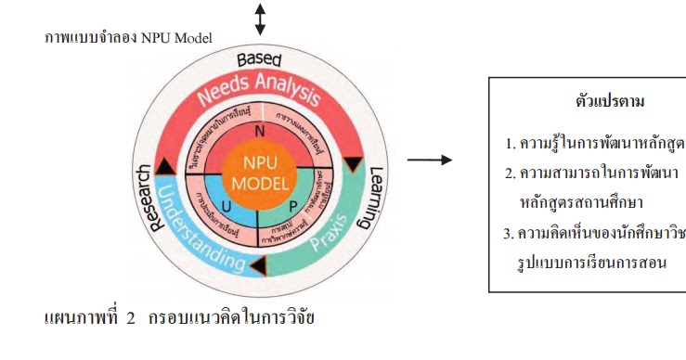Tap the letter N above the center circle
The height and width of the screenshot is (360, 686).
click(x=259, y=131)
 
